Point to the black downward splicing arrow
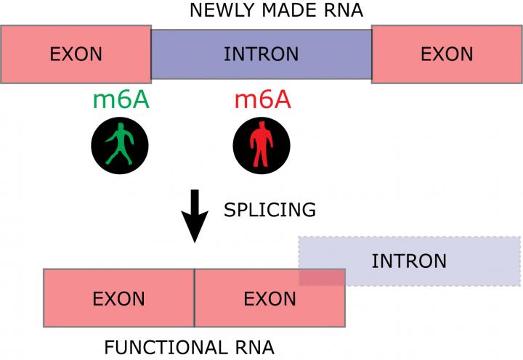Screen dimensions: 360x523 [194, 216]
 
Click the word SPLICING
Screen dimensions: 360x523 [269, 210]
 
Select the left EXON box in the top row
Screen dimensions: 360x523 [76, 54]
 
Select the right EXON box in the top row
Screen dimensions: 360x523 [447, 54]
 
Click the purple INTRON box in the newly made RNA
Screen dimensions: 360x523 [261, 54]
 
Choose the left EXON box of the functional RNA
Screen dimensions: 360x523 [118, 298]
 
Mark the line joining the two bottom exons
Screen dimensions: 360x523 [194, 298]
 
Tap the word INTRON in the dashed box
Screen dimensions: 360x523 [409, 261]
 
